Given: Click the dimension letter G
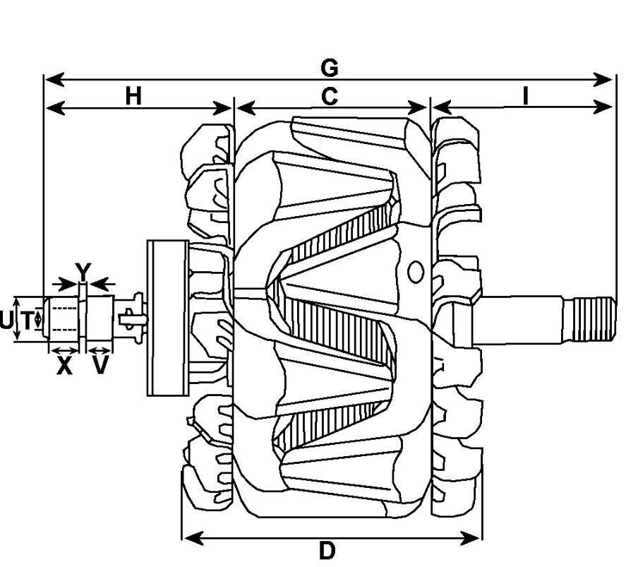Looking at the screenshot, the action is [x=330, y=68].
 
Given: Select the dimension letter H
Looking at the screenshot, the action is [x=133, y=96].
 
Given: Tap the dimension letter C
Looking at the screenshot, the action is [x=330, y=97].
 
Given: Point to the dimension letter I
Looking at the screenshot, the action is [x=526, y=96].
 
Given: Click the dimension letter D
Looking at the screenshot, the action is [x=327, y=551].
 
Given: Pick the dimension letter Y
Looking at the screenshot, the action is [x=83, y=272].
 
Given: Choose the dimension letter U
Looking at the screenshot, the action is [x=6, y=321].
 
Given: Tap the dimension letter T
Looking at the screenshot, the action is [x=27, y=321].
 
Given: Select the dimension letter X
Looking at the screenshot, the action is [x=64, y=366].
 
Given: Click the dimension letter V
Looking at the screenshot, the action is [x=100, y=365].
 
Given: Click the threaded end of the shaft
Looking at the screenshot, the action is [x=589, y=319].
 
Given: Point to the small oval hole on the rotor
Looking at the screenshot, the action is [x=416, y=272].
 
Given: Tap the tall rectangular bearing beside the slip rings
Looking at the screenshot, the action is [x=168, y=318].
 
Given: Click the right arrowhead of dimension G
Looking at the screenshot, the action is [x=603, y=80].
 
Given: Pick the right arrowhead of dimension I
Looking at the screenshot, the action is [x=603, y=107].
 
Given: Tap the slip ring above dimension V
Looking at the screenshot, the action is [x=100, y=318].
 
